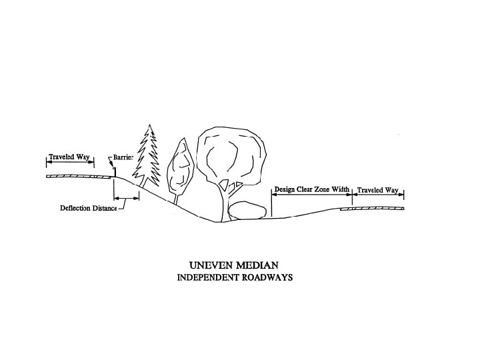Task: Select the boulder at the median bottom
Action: point(247,209)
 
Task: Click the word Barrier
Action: point(124,157)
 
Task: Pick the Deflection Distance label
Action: point(88,208)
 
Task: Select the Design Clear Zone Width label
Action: point(311,190)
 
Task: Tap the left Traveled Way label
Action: point(69,157)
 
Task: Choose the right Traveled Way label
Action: point(378,191)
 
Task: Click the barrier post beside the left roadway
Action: point(114,172)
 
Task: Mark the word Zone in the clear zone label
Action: point(315,190)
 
